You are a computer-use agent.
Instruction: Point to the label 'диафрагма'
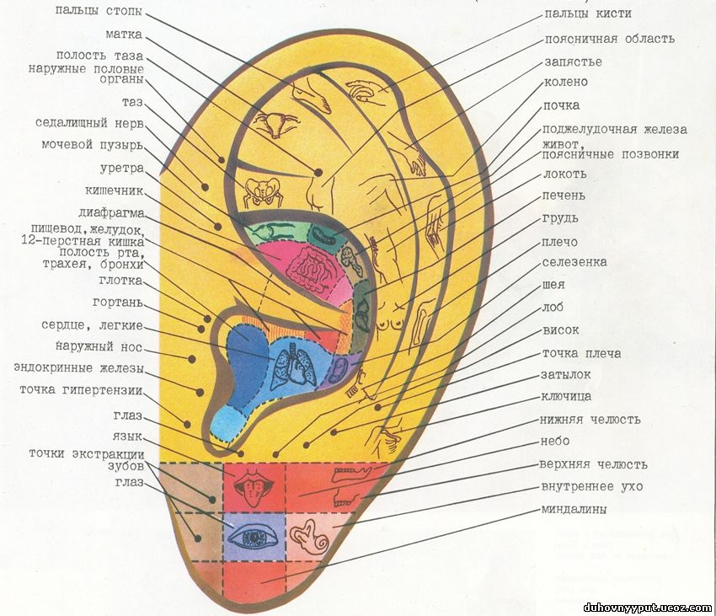pos(111,212)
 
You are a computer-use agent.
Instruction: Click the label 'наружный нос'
pos(99,347)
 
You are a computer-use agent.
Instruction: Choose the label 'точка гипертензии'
pos(81,390)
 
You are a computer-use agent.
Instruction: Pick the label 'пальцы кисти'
pos(587,14)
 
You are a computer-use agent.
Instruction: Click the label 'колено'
pos(565,83)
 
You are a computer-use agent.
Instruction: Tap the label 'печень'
pos(564,196)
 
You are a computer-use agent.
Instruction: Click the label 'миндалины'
pos(574,510)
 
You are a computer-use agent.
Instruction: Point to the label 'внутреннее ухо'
pos(592,487)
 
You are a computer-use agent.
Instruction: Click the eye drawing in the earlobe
pos(254,536)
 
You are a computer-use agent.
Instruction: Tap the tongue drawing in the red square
pos(254,486)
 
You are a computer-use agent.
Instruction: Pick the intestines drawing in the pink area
pos(306,266)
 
